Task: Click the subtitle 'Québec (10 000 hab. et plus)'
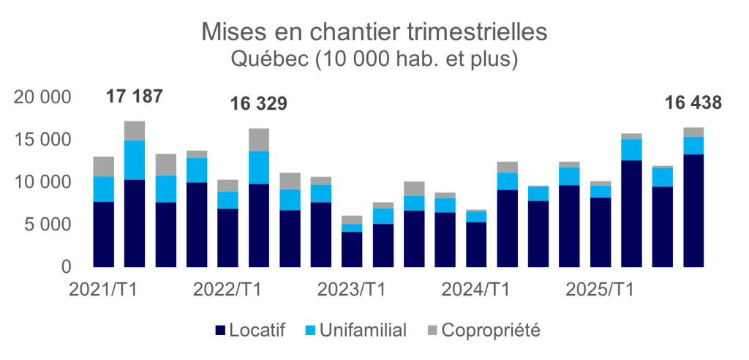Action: coord(374,59)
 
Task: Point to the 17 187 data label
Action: coord(134,97)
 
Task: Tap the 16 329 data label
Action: coord(259,104)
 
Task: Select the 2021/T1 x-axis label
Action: coord(103,290)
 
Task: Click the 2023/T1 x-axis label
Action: coord(352,290)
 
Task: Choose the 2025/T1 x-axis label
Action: coord(601,290)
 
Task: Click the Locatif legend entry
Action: coord(251,331)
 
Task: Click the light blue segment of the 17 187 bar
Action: coord(135,160)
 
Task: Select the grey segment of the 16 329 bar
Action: coord(259,140)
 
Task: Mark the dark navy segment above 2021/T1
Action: coord(103,234)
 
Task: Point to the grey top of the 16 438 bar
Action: coord(694,132)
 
